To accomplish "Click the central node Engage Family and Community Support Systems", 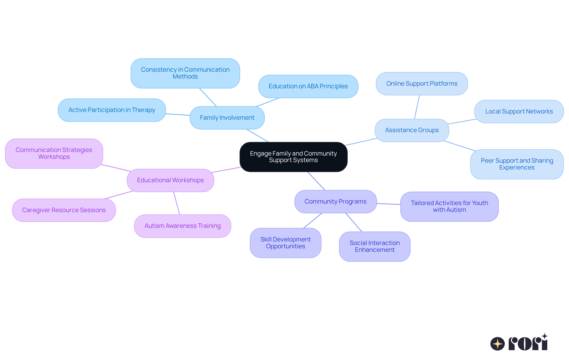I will pyautogui.click(x=293, y=157).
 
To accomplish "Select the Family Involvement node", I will pyautogui.click(x=227, y=118).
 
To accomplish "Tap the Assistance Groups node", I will pyautogui.click(x=412, y=130).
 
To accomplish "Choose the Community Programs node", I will pyautogui.click(x=335, y=201).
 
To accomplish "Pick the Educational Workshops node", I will pyautogui.click(x=170, y=180).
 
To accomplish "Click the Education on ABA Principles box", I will pyautogui.click(x=308, y=86).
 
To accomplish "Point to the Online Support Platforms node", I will pyautogui.click(x=421, y=84).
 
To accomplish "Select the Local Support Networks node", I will pyautogui.click(x=519, y=111).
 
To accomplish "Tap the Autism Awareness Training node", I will pyautogui.click(x=183, y=226).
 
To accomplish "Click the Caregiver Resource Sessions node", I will pyautogui.click(x=64, y=210).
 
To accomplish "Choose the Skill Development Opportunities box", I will pyautogui.click(x=285, y=243).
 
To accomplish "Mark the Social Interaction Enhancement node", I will pyautogui.click(x=374, y=246).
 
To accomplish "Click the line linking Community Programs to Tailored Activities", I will pyautogui.click(x=389, y=204).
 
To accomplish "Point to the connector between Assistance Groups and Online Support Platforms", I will pyautogui.click(x=417, y=107).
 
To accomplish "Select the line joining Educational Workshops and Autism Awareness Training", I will pyautogui.click(x=177, y=203).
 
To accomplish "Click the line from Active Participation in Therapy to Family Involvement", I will pyautogui.click(x=178, y=114).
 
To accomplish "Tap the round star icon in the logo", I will pyautogui.click(x=497, y=344).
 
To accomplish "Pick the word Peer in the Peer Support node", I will pyautogui.click(x=487, y=161).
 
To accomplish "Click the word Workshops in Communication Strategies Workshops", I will pyautogui.click(x=54, y=157).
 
